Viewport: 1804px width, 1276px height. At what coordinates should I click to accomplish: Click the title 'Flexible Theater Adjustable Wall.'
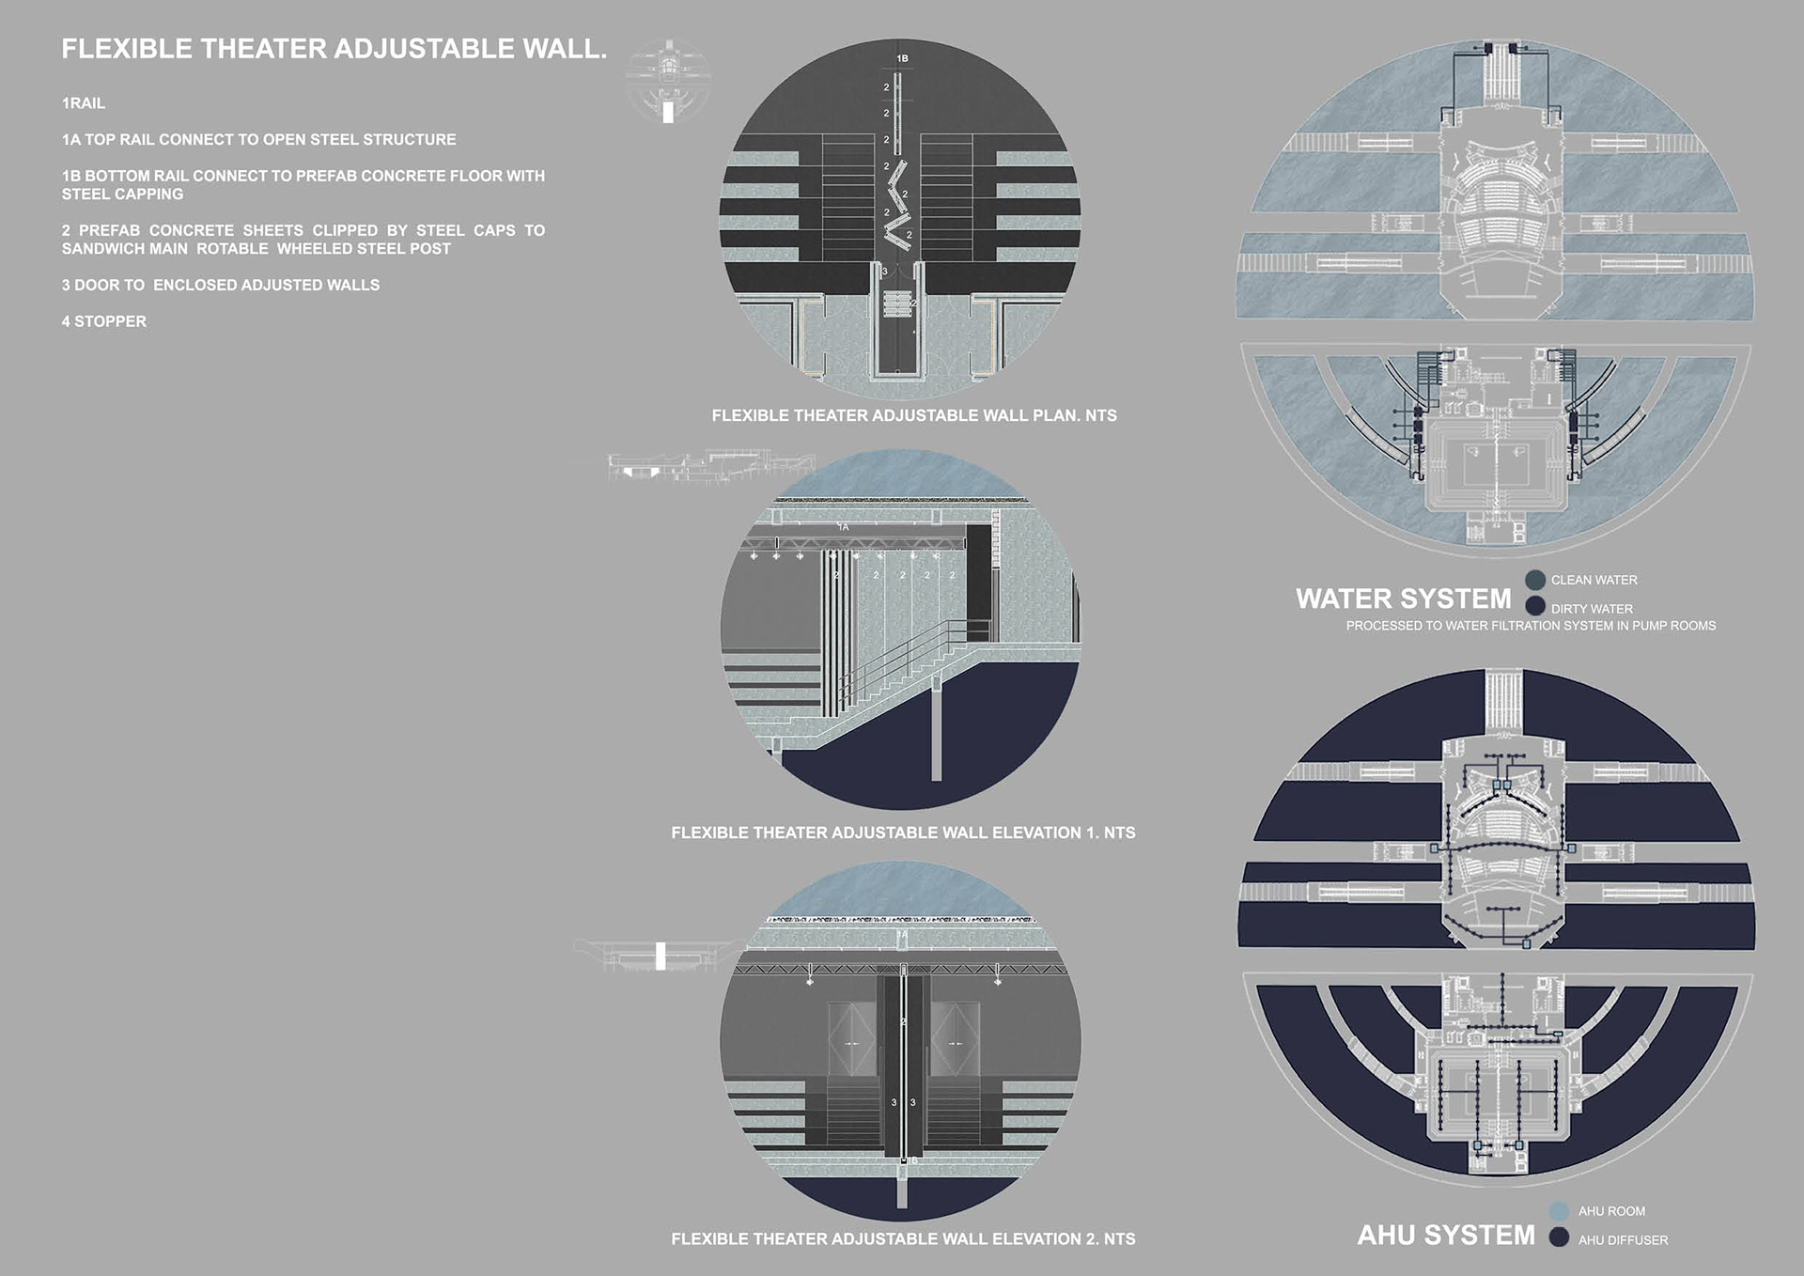pos(334,49)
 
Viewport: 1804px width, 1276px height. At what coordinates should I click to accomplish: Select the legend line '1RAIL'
pos(84,103)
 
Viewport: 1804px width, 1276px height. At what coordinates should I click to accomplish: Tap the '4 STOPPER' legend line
pos(104,321)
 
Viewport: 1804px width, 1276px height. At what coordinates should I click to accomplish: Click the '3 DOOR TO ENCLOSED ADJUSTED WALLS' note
pos(221,285)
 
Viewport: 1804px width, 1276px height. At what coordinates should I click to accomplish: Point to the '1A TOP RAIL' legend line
pos(258,140)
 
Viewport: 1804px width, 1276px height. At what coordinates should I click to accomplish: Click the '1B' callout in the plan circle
pos(902,59)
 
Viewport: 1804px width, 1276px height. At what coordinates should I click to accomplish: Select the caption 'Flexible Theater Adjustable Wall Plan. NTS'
pos(913,415)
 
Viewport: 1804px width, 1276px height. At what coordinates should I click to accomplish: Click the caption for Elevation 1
pos(903,833)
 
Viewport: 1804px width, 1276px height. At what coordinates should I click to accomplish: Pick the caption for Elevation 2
pos(903,1239)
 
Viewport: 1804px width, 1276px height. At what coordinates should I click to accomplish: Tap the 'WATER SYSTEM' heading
pos(1403,599)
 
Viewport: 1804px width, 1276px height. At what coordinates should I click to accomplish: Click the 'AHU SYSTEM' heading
pos(1445,1236)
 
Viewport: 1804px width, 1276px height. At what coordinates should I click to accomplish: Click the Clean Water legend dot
pos(1535,580)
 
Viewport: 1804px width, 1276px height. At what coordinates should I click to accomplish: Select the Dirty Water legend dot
pos(1535,606)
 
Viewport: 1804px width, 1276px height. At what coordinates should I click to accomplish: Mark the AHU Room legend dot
pos(1559,1211)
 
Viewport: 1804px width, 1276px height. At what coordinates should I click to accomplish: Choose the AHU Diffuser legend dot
pos(1559,1237)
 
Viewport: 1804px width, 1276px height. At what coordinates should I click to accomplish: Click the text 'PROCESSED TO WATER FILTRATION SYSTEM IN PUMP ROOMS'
pos(1531,626)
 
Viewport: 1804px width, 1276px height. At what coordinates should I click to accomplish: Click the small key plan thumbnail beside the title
pos(668,81)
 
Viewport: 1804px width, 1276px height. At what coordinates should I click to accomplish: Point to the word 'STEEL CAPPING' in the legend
pos(122,195)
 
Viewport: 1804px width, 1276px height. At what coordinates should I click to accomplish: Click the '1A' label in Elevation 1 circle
pos(844,528)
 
